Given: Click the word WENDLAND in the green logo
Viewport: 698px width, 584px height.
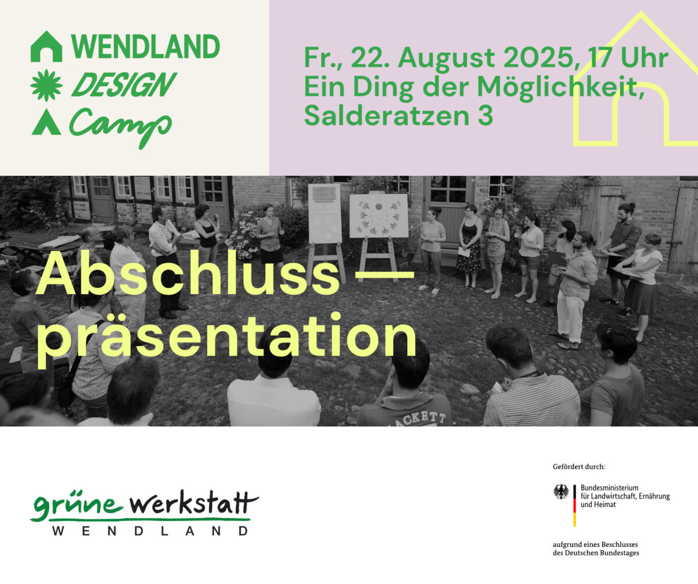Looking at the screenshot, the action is pos(145,47).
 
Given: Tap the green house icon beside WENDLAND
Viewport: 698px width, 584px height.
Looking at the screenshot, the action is pos(47,47).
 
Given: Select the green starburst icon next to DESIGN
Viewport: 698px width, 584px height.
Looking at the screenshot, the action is pos(47,86).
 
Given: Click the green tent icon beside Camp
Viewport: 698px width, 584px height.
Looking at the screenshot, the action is pos(47,122).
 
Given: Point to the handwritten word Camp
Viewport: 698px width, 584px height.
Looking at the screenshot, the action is pos(120,127).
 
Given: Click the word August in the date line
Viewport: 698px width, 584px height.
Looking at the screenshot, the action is pos(446,58).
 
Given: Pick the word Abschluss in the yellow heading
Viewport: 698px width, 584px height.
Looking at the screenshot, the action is pos(188,274).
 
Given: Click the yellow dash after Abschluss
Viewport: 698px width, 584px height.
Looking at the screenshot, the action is pos(384,275).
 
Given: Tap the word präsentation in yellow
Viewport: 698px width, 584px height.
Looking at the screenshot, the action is pos(227,337).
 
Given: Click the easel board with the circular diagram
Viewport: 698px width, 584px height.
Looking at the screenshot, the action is pos(379,215).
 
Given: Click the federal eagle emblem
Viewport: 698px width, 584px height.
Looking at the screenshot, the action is pos(561,491).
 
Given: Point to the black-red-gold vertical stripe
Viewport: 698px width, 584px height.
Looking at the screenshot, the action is pos(575,505).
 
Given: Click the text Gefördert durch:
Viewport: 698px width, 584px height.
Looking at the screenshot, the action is pos(579,466).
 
